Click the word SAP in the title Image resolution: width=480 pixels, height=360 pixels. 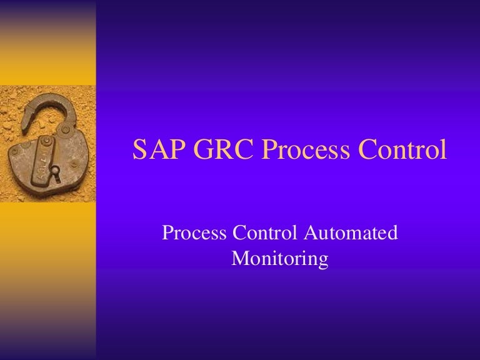[x=156, y=150]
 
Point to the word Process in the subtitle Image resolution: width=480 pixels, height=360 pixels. [x=194, y=234]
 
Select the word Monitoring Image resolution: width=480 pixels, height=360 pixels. [x=279, y=258]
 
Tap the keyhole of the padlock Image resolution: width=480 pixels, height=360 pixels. [x=55, y=170]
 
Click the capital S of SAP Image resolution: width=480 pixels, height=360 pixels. [x=141, y=150]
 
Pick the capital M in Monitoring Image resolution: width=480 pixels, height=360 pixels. [x=241, y=258]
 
